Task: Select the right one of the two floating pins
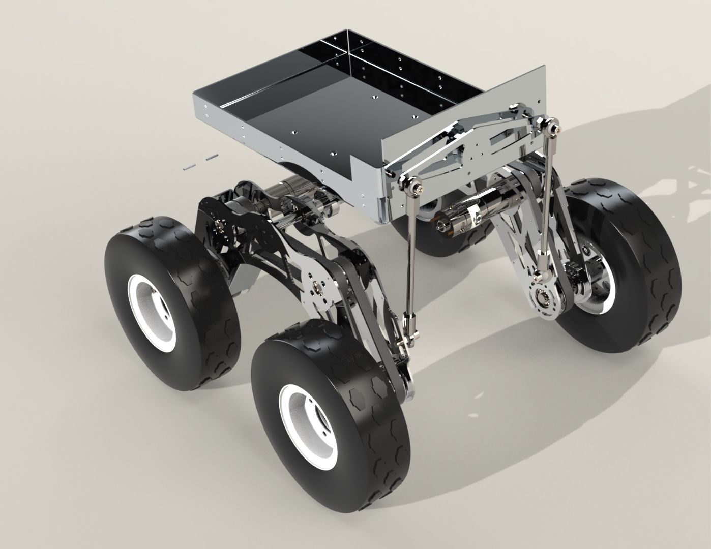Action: click(211, 158)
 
